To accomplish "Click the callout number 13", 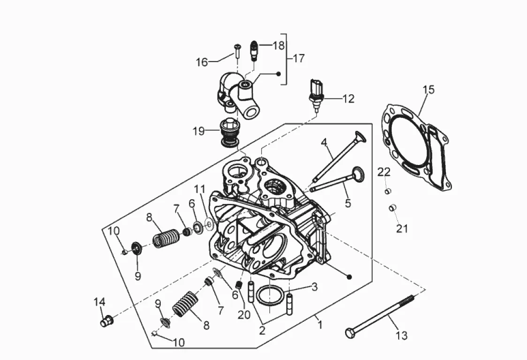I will (x=402, y=336).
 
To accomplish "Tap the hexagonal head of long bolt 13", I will (x=350, y=333).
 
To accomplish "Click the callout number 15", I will (x=428, y=90).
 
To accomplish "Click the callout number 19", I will (x=199, y=131).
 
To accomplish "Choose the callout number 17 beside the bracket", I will (x=299, y=59).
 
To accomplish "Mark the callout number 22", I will (x=384, y=172).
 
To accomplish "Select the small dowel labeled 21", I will (x=392, y=207).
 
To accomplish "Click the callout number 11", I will (x=200, y=189).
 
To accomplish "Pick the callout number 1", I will (x=320, y=324).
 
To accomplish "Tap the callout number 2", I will (x=262, y=330).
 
